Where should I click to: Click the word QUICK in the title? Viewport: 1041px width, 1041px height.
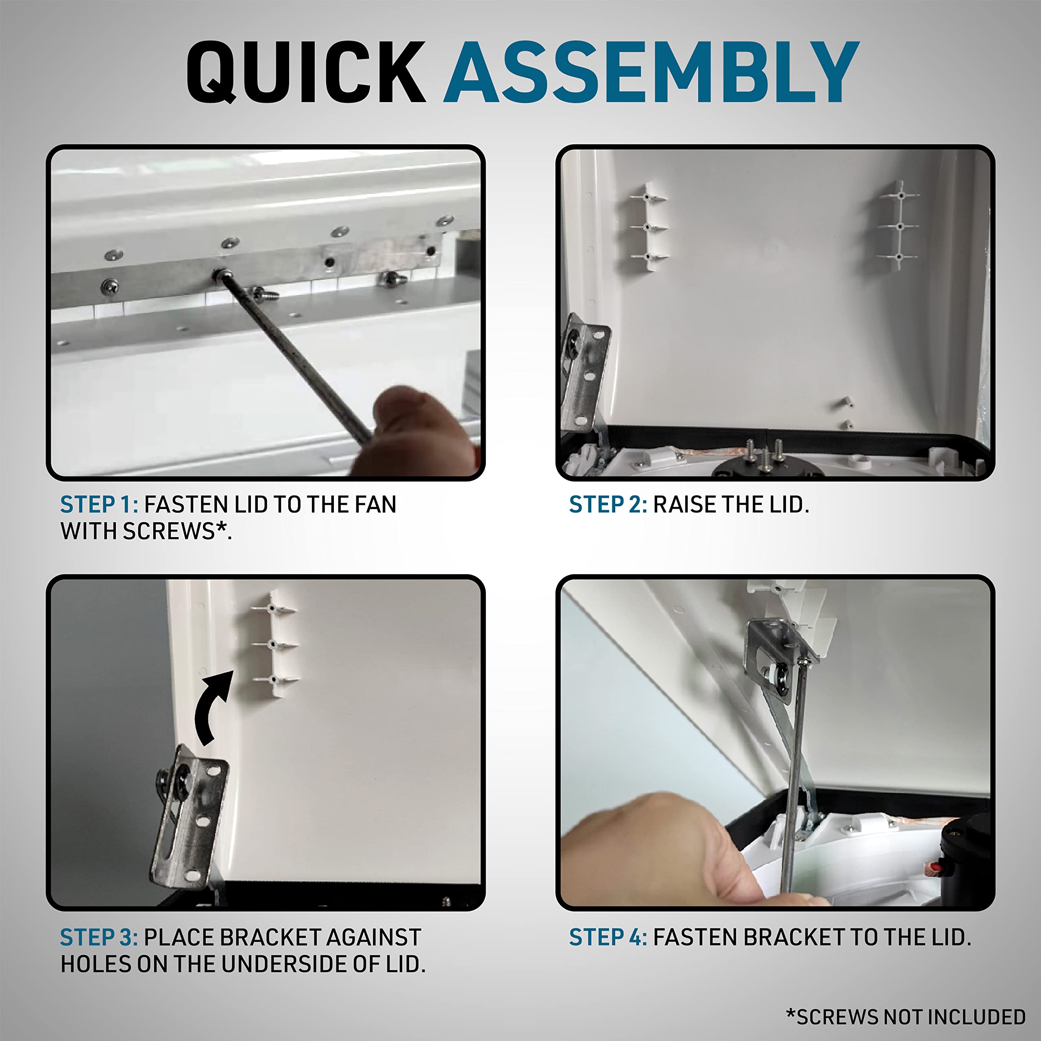[x=306, y=72]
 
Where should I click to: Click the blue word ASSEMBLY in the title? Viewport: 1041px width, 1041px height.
[x=651, y=72]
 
